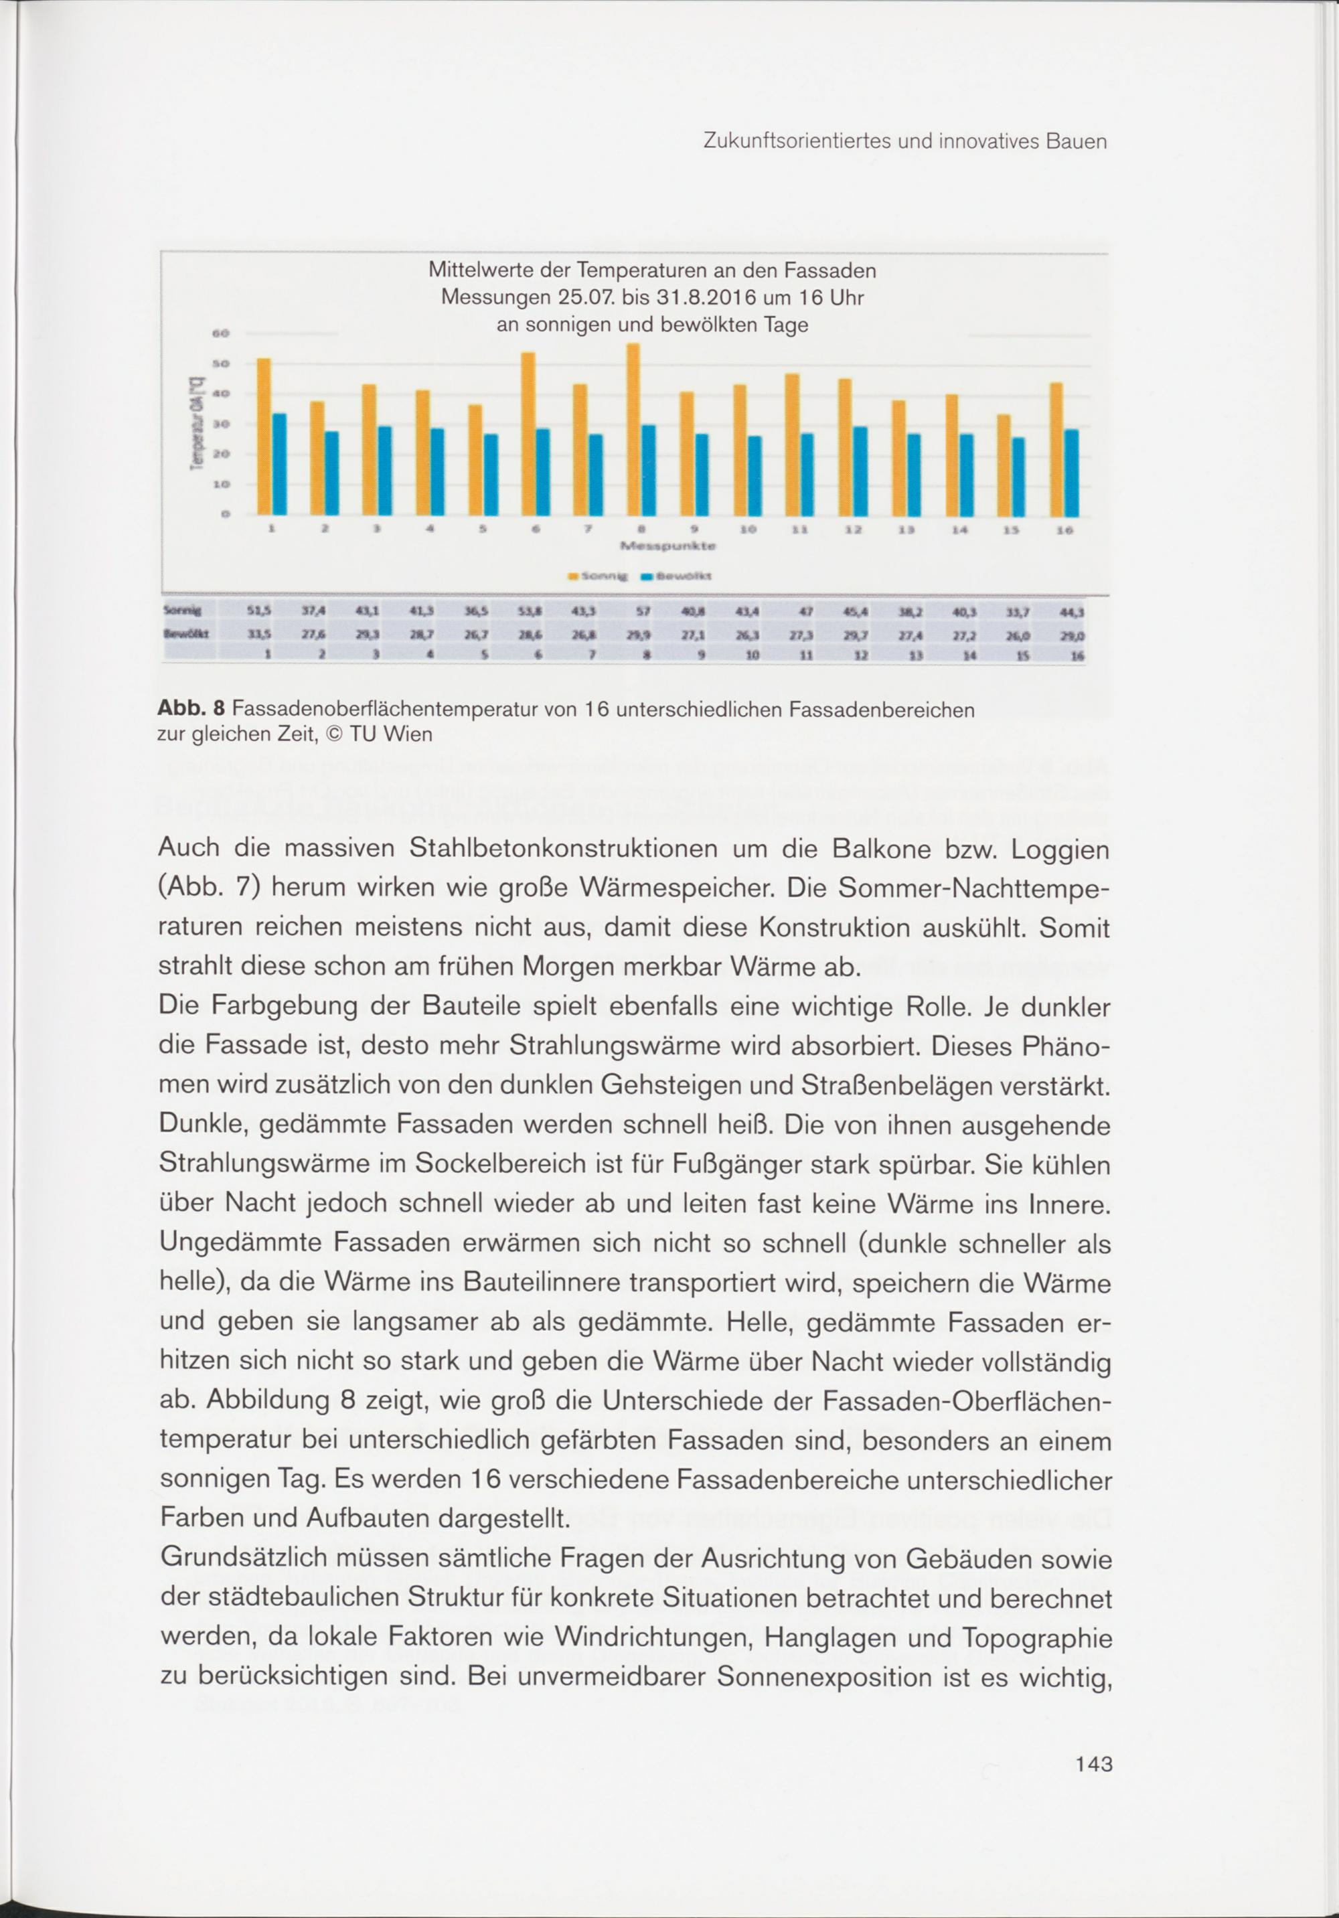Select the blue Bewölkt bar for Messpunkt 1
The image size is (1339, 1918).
pyautogui.click(x=280, y=464)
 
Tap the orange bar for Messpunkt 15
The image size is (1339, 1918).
pyautogui.click(x=1003, y=465)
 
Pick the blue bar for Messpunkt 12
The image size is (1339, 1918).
pyautogui.click(x=860, y=471)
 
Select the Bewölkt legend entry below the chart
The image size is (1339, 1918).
pyautogui.click(x=676, y=576)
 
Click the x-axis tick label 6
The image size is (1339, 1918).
pyautogui.click(x=536, y=530)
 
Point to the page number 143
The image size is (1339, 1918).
pyautogui.click(x=1093, y=1763)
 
